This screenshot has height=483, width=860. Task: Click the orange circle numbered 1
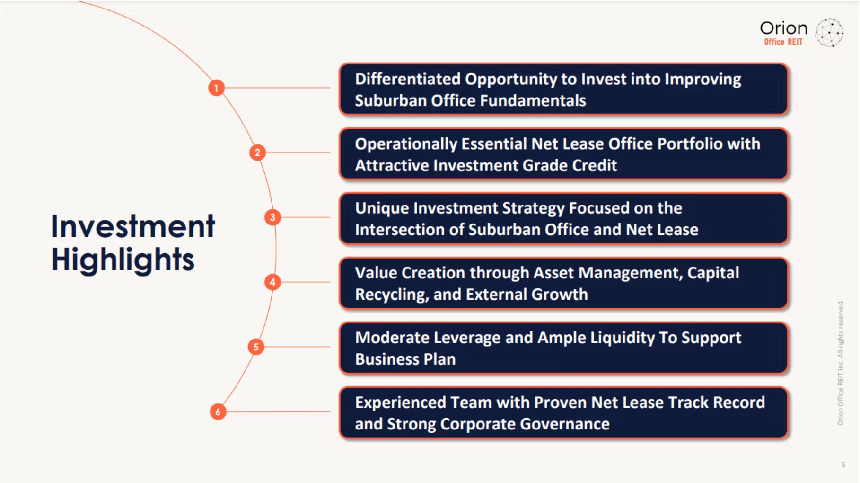(216, 88)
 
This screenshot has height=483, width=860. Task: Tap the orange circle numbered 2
(257, 152)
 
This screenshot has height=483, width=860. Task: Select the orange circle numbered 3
(272, 217)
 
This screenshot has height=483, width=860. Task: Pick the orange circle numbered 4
(272, 282)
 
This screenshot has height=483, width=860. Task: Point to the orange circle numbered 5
(256, 347)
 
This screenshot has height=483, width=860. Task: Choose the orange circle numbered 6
(218, 411)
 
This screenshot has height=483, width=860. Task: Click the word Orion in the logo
(783, 28)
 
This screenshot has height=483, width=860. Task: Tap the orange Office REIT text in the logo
(783, 42)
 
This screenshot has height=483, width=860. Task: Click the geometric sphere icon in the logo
(829, 33)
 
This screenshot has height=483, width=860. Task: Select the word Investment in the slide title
(133, 226)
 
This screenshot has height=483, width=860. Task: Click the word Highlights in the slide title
(123, 259)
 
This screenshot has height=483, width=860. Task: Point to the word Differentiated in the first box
(408, 79)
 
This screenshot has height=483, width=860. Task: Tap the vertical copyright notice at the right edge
(840, 363)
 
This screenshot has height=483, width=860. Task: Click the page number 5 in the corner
(843, 465)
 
